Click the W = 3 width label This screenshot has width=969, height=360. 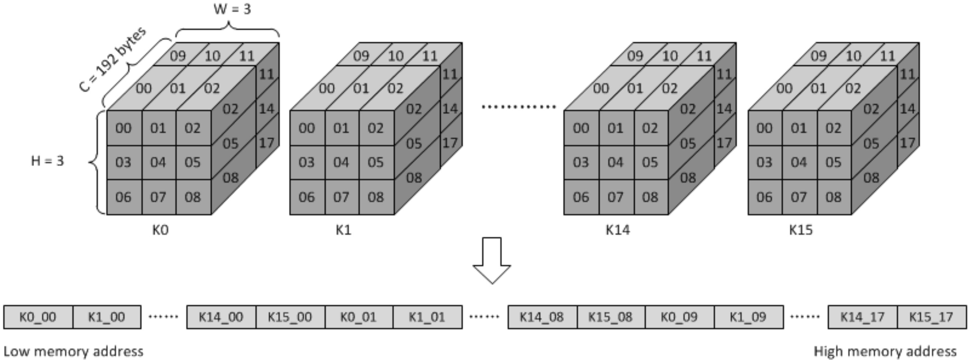232,9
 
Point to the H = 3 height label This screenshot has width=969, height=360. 48,161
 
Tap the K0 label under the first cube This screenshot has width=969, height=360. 160,230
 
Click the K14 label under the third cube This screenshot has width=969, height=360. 618,230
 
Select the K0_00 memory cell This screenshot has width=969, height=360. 38,317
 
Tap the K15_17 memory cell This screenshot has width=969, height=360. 931,317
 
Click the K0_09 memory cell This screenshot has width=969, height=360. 679,317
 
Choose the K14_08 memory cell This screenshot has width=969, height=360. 542,317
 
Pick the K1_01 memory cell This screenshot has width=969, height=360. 427,317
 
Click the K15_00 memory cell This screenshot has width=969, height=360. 290,317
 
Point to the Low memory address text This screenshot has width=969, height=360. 73,351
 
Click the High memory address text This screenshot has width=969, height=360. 885,351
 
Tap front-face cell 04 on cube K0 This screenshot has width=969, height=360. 158,162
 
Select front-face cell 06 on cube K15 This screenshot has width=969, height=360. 764,197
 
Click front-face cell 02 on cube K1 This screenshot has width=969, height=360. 376,128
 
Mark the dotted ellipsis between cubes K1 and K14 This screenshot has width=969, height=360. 519,107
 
